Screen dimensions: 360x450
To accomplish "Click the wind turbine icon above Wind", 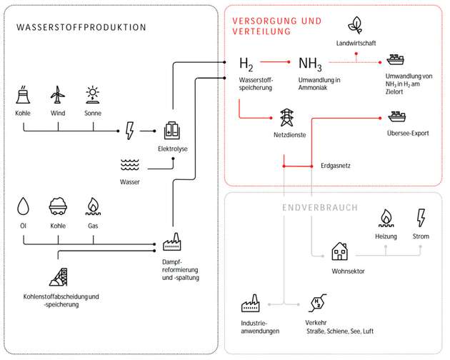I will click(x=58, y=95).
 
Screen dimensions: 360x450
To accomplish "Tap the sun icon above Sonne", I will click(x=93, y=95).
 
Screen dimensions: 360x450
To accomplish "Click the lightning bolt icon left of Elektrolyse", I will click(x=130, y=131).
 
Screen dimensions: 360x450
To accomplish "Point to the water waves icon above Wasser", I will click(x=130, y=166).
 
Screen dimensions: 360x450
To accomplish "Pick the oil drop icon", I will click(x=24, y=206).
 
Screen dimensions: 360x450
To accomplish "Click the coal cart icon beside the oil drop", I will click(x=58, y=206).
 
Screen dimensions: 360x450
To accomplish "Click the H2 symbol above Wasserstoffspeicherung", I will click(x=246, y=64).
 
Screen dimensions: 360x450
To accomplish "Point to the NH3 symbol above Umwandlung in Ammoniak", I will click(x=310, y=64).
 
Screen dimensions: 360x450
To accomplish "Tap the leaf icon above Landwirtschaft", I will click(x=354, y=26).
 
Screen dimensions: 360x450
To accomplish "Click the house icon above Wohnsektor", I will click(x=339, y=251).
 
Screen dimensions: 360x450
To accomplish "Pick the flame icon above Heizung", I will click(x=386, y=216).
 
